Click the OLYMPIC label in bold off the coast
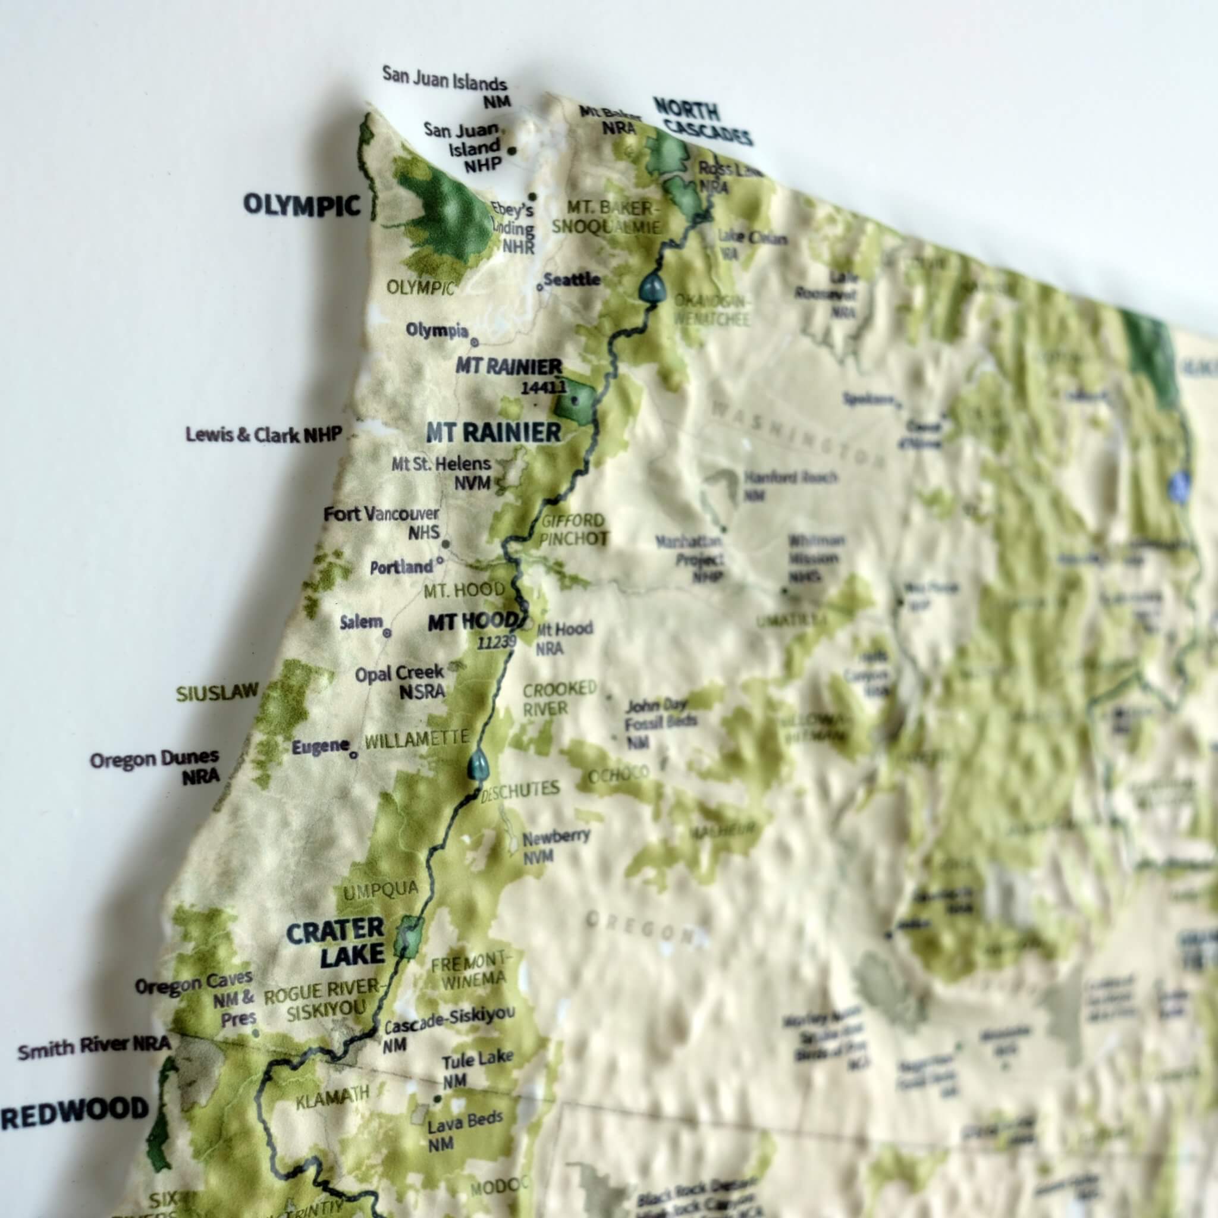click(302, 205)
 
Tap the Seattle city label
click(572, 280)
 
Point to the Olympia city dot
click(475, 343)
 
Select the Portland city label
click(401, 567)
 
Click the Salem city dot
click(387, 632)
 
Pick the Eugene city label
click(321, 748)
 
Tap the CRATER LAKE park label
click(335, 942)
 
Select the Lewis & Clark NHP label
click(264, 434)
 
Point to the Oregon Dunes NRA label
click(156, 767)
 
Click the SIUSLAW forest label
click(217, 693)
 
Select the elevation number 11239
click(497, 642)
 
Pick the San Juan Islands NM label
click(445, 91)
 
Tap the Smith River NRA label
click(94, 1048)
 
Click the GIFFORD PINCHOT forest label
click(573, 529)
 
